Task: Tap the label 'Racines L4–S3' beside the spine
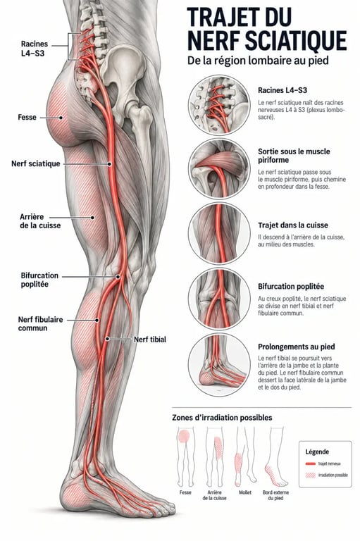[35, 49]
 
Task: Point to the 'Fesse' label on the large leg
[27, 118]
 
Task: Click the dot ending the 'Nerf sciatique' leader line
[109, 164]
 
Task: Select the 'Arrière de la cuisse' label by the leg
[40, 221]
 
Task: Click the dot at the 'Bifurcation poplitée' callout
[118, 277]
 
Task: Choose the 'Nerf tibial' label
[150, 340]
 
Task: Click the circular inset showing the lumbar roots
[219, 104]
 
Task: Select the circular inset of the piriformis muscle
[219, 169]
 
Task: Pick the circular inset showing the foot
[219, 365]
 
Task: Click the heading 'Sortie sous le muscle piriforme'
[294, 156]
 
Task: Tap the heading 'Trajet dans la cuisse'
[293, 225]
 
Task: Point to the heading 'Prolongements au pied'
[297, 347]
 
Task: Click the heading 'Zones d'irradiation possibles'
[222, 418]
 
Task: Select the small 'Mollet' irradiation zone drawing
[245, 456]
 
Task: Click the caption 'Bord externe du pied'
[275, 495]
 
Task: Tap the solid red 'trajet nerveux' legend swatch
[311, 464]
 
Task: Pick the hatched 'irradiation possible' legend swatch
[311, 475]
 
